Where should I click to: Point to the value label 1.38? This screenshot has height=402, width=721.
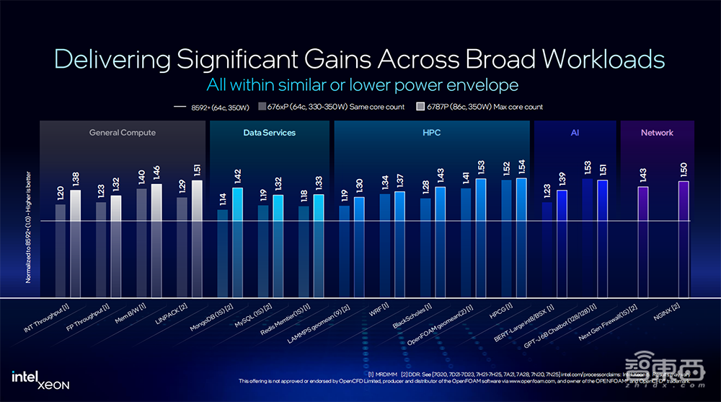click(75, 178)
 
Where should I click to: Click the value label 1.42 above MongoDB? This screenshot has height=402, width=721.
click(237, 175)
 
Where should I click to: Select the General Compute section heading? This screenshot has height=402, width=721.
click(123, 133)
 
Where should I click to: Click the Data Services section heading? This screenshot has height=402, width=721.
click(270, 133)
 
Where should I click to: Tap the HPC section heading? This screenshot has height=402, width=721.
click(432, 133)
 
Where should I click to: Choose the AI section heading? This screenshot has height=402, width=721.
click(575, 133)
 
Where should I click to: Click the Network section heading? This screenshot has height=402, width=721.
click(657, 133)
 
